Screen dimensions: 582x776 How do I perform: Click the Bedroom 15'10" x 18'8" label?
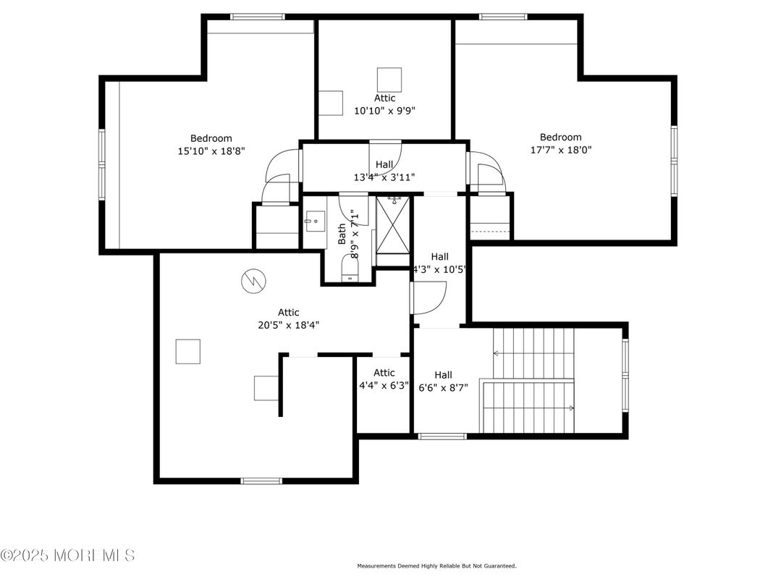(x=211, y=145)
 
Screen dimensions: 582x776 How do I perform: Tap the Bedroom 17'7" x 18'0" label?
(x=560, y=143)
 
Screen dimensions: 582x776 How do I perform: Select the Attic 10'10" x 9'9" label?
(x=384, y=104)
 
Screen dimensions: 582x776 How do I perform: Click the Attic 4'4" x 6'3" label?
(x=384, y=379)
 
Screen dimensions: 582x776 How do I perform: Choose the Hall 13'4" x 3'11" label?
(x=384, y=171)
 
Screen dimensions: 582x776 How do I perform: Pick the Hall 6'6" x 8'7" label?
(x=443, y=381)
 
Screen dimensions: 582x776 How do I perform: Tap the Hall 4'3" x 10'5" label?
(x=439, y=262)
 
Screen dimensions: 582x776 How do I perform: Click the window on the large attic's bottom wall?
(x=261, y=480)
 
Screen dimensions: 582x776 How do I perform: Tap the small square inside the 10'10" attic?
(x=389, y=79)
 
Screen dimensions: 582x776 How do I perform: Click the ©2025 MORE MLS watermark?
(x=67, y=555)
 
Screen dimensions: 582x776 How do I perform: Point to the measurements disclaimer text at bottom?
(x=436, y=566)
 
